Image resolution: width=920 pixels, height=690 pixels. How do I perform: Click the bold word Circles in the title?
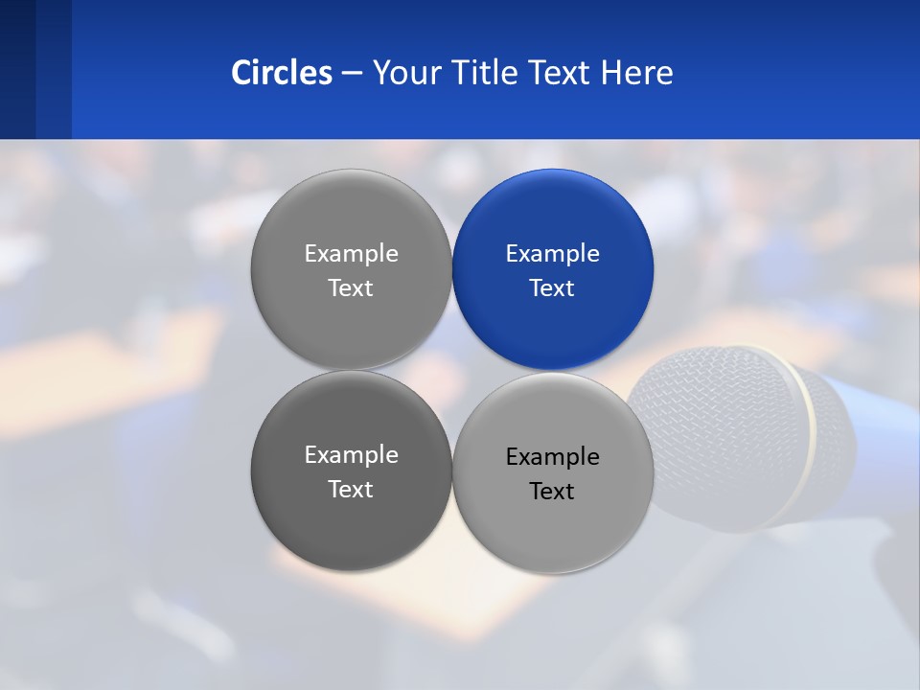(282, 73)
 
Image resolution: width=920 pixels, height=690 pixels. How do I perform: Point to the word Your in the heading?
(405, 73)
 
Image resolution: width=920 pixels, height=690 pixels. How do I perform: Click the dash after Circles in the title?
(352, 74)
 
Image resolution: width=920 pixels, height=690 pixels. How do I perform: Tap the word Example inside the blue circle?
(553, 254)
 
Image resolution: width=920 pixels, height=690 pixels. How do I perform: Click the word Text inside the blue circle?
(552, 288)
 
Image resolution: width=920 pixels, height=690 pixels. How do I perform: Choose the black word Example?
(553, 457)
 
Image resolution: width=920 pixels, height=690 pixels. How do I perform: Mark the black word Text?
(552, 492)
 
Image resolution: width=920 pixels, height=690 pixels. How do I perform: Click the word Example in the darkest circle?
(351, 455)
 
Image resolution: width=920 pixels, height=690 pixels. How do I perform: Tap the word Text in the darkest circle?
(351, 490)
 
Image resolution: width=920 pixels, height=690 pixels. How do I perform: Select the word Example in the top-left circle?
(351, 254)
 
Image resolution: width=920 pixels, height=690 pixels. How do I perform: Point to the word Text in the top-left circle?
(351, 288)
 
